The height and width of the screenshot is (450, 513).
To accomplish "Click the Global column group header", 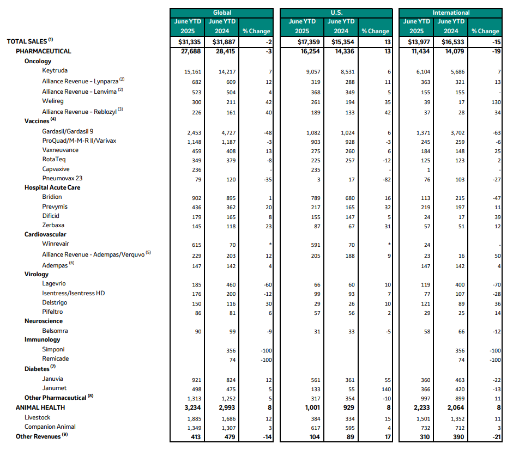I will (x=221, y=13).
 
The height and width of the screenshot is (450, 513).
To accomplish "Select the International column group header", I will (x=450, y=13).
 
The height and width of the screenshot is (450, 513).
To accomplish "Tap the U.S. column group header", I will (x=336, y=13).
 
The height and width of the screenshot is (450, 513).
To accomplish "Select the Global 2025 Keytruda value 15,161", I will (x=193, y=71).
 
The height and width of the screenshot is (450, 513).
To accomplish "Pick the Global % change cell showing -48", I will (x=266, y=132).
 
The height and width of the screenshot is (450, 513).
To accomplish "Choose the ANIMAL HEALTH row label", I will (x=40, y=407).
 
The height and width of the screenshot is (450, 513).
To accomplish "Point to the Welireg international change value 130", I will (x=494, y=101).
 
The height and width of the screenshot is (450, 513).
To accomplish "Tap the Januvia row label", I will (x=53, y=379).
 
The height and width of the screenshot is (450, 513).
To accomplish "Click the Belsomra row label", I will (x=55, y=331).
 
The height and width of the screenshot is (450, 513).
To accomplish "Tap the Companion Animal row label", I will (x=50, y=427).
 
